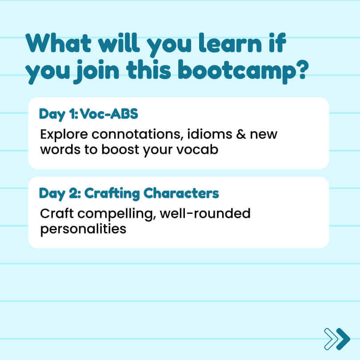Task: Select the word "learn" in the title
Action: point(230,43)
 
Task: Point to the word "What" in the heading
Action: point(59,43)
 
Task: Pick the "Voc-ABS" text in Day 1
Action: point(109,114)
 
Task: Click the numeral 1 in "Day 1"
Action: point(72,114)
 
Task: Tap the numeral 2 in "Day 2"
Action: point(73,193)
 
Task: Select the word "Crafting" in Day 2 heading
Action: point(112,194)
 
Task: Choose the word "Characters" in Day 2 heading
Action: point(181,193)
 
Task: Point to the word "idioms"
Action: point(210,134)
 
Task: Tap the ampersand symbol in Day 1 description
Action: point(241,134)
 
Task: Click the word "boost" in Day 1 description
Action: point(120,149)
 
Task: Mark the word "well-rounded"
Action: point(205,213)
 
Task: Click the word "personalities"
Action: point(83,229)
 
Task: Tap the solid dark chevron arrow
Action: point(343,339)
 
